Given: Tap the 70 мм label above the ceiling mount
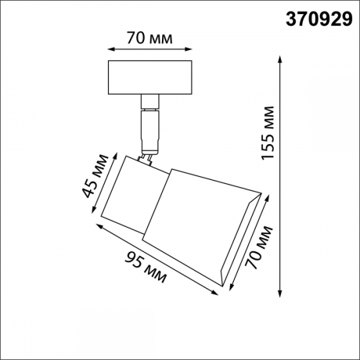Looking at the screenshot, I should [149, 37].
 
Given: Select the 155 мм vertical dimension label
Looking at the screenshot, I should [268, 133].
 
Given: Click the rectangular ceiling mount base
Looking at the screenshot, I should [149, 77].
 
